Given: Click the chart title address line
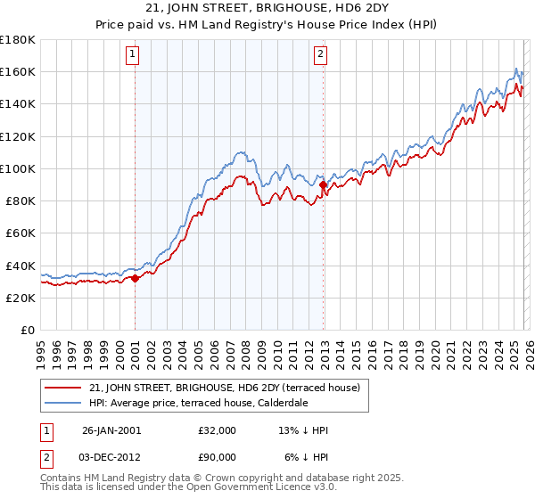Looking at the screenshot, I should tap(267, 8).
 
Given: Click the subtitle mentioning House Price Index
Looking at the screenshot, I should tap(267, 24).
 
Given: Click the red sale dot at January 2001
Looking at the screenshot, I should tap(135, 278).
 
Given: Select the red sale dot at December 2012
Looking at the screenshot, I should tap(324, 184).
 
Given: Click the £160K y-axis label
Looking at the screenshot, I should tap(18, 71).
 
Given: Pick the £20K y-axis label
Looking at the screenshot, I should tap(21, 298).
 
